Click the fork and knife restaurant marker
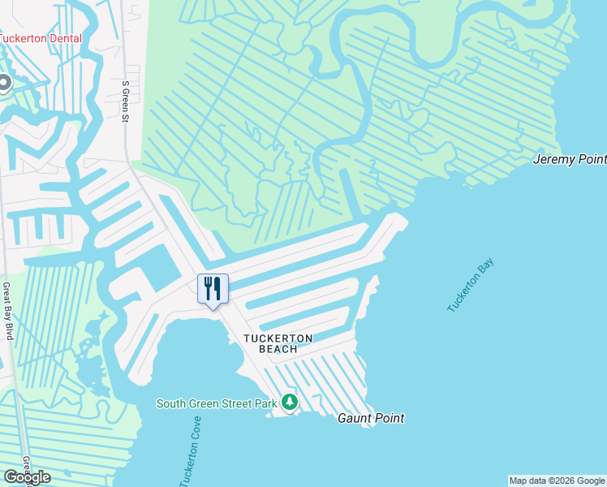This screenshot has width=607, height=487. tap(213, 289)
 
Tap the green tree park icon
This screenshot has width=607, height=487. tap(290, 403)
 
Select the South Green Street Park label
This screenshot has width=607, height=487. tap(216, 403)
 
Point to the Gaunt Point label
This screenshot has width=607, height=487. tap(371, 418)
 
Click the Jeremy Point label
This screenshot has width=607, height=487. tap(569, 159)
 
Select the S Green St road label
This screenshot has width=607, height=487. tap(126, 101)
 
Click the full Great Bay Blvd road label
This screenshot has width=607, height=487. tap(6, 311)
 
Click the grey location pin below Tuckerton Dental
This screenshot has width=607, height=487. tap(3, 83)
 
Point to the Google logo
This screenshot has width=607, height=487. tap(27, 476)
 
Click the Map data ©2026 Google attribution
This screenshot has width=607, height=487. tap(557, 481)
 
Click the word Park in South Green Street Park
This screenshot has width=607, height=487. tap(265, 403)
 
